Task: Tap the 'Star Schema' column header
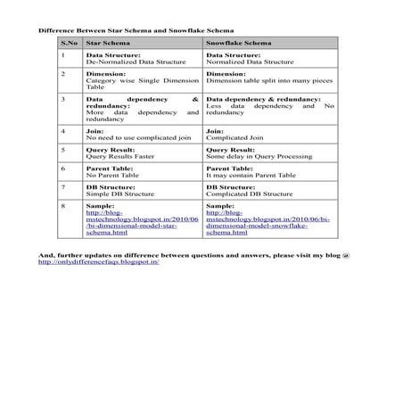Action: coord(106,42)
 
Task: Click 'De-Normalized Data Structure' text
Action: coord(127,62)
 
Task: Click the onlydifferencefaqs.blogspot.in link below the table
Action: coord(97,262)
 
